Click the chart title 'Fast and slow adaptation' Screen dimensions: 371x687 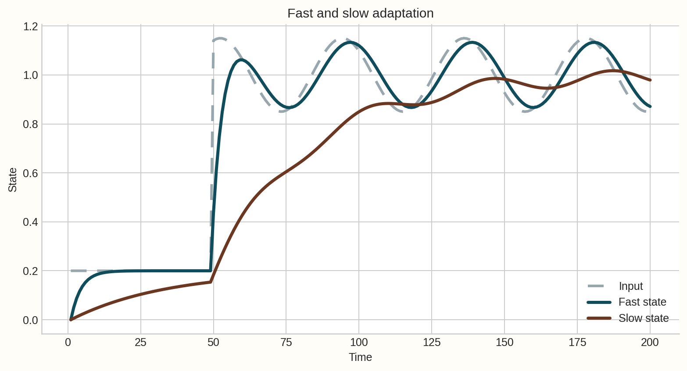coord(360,14)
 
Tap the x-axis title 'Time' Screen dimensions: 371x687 coord(360,357)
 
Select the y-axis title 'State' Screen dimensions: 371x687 coord(13,180)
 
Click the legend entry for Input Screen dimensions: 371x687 coord(630,286)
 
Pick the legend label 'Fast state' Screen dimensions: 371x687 coord(642,302)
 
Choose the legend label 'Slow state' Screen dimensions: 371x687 coord(644,318)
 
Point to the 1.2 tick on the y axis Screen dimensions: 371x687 coord(30,26)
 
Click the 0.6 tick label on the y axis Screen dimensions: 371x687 coord(30,173)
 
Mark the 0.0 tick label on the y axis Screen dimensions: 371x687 coord(30,320)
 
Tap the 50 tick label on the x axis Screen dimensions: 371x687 coord(213,342)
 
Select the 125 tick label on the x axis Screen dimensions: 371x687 coord(432,342)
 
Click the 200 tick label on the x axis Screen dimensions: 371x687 coord(650,342)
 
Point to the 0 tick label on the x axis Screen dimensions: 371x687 coord(68,342)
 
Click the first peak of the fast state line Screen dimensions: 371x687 coord(242,60)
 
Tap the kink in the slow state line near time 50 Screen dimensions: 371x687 coord(211,282)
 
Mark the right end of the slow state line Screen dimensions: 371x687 coord(650,80)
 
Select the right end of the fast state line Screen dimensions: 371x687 coord(650,107)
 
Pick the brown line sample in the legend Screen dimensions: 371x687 coord(599,318)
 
